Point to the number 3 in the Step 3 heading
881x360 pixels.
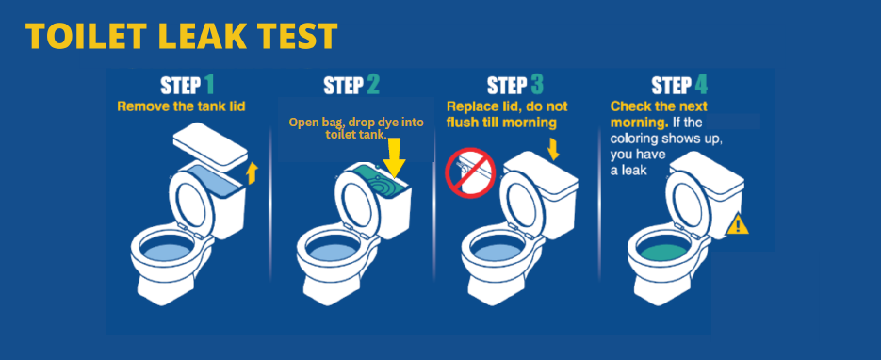click(x=536, y=86)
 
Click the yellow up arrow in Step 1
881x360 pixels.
click(x=251, y=173)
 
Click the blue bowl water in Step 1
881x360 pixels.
click(x=169, y=252)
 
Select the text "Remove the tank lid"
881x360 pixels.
click(x=181, y=106)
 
